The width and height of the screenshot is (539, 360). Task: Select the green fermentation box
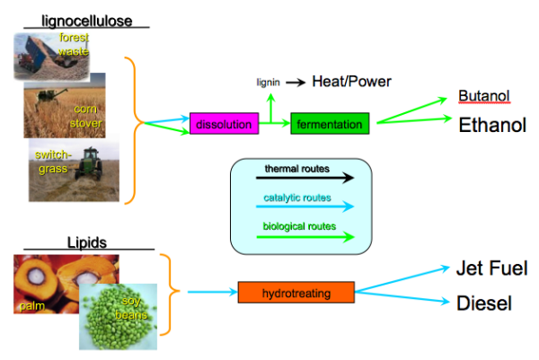click(330, 124)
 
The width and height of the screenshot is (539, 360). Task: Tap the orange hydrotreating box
click(296, 292)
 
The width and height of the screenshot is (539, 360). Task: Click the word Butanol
click(483, 96)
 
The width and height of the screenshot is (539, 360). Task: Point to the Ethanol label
click(491, 125)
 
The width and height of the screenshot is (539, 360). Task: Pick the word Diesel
click(484, 303)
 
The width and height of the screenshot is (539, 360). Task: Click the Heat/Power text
click(351, 82)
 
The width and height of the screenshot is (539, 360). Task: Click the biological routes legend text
click(300, 226)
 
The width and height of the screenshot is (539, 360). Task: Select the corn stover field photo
click(65, 105)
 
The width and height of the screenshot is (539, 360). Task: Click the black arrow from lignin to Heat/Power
click(296, 83)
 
